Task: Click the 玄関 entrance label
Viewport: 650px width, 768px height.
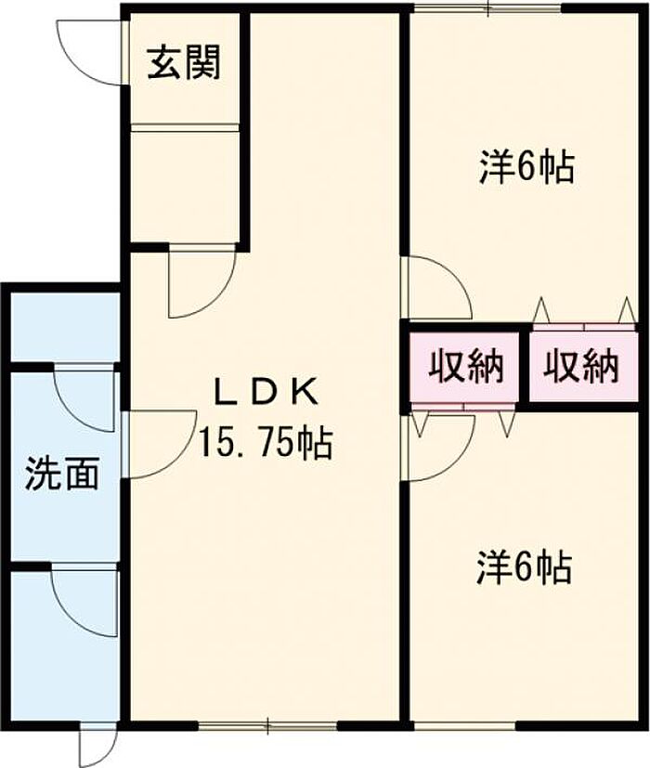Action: (x=184, y=63)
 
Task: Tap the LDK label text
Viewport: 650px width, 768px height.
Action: (x=266, y=392)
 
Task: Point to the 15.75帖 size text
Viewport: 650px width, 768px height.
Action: (x=265, y=443)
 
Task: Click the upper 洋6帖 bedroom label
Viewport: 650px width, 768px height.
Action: (x=526, y=167)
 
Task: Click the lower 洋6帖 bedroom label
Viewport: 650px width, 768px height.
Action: (x=524, y=567)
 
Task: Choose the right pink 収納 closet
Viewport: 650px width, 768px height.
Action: (x=584, y=366)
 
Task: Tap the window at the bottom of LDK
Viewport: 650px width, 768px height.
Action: (x=268, y=725)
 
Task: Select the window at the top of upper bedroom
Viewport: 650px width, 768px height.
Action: (x=487, y=7)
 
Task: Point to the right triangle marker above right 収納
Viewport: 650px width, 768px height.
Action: (x=627, y=309)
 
